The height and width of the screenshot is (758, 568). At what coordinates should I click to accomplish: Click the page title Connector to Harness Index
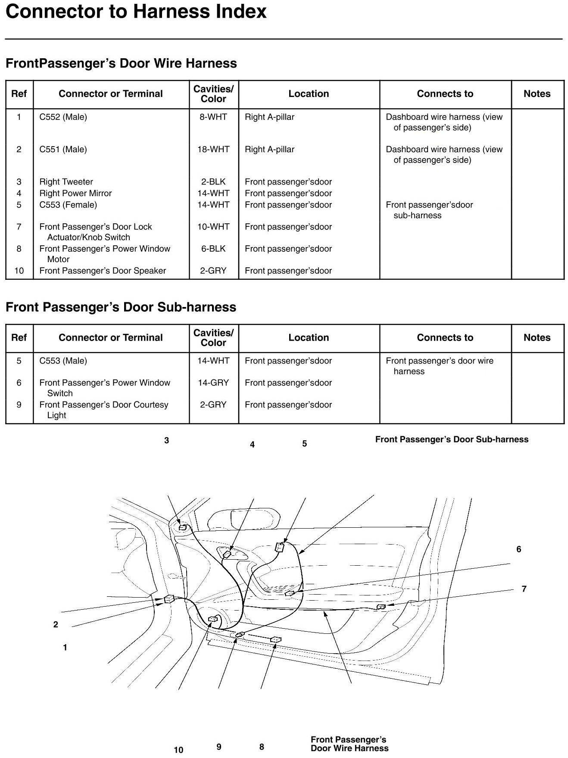coord(136,11)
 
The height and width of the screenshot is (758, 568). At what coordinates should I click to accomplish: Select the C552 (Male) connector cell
coord(63,117)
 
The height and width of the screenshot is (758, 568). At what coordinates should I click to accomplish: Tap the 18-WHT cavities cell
coord(213,149)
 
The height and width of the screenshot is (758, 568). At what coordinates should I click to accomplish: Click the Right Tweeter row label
coord(66,182)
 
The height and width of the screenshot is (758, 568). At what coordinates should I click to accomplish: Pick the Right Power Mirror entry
coord(75,193)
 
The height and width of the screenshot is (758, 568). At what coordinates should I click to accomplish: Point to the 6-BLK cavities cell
coord(213,249)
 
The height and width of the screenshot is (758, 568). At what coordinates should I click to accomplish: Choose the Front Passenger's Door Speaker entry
coord(103,271)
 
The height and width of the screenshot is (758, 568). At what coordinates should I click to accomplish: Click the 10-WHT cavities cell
coord(213,227)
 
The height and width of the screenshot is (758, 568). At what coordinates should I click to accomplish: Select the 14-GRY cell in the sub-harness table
coord(213,383)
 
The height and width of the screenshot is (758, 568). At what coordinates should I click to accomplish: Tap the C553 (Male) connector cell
coord(63,361)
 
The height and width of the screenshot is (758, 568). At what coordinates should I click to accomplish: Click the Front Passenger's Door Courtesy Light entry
coord(103,410)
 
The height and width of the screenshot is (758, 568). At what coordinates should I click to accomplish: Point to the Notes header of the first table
coord(537,94)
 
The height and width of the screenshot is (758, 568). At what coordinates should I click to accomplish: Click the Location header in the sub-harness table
coord(309,338)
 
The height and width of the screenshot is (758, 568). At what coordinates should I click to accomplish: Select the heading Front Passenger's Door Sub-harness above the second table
coord(121,307)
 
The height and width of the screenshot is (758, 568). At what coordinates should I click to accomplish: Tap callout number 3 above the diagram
coord(167,441)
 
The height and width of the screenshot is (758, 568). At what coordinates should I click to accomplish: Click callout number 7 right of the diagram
coord(524,589)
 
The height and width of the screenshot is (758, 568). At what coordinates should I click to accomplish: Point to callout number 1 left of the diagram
coord(65,648)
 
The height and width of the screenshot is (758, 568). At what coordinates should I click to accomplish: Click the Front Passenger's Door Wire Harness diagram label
coord(350,744)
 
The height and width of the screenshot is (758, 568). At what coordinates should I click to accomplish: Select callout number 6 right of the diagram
coord(519,549)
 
